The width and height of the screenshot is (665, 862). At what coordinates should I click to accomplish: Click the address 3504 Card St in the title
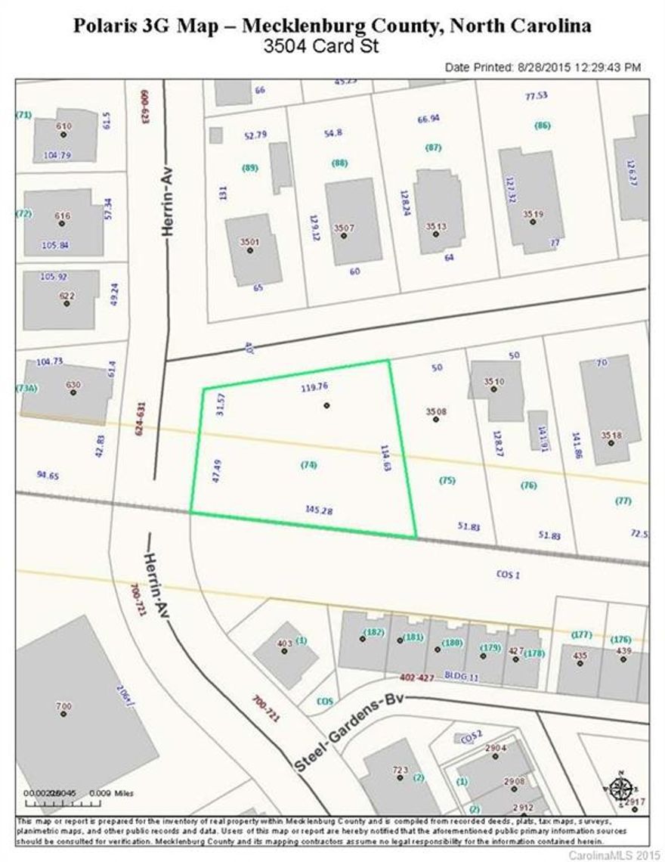(x=320, y=46)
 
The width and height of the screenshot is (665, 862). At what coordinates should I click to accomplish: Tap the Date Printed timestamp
(x=543, y=67)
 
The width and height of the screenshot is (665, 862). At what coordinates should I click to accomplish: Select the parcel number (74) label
(x=308, y=464)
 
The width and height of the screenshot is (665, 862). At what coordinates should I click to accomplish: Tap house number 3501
(x=249, y=242)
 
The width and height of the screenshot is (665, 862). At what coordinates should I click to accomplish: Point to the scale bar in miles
(x=57, y=798)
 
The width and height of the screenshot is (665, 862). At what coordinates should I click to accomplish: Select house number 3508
(x=436, y=412)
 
